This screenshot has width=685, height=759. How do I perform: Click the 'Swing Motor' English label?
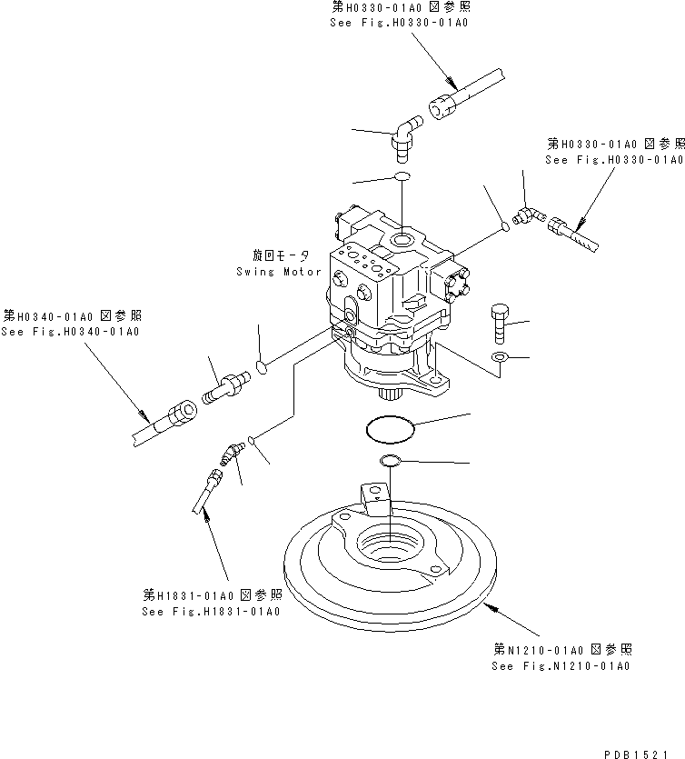(x=278, y=272)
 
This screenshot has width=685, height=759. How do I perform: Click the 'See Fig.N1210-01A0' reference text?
(x=561, y=666)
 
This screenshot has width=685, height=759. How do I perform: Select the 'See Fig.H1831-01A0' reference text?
(x=211, y=611)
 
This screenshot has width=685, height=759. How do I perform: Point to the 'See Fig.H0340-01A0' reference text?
(x=70, y=332)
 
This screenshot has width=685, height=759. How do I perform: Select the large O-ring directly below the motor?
(x=390, y=426)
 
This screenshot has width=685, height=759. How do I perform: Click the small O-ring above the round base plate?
(x=391, y=461)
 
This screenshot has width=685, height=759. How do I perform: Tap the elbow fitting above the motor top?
(x=404, y=132)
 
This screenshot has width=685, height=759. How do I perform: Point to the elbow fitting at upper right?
(x=527, y=215)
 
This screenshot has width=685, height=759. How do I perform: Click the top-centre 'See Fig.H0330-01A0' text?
(x=399, y=23)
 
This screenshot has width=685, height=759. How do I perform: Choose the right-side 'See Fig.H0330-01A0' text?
(x=614, y=160)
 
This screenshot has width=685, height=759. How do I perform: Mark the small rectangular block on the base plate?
(x=372, y=495)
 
